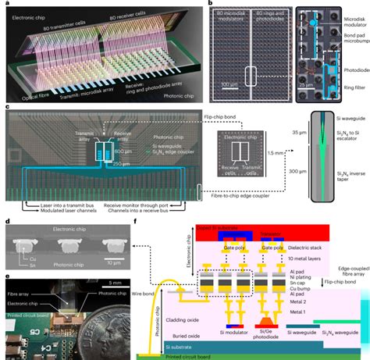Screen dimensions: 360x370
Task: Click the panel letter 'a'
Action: [6, 5]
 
